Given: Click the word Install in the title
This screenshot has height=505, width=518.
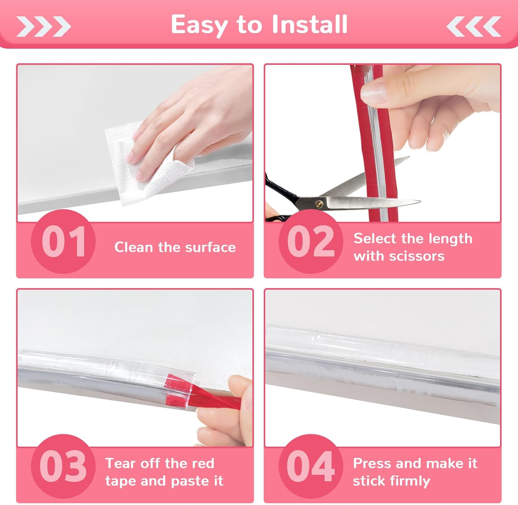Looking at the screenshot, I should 309,25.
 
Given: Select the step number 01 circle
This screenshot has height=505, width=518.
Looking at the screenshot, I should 63,242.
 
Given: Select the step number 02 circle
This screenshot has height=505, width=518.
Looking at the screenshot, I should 311,242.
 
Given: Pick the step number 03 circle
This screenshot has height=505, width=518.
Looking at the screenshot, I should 63,466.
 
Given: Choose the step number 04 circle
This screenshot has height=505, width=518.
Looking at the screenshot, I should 311,466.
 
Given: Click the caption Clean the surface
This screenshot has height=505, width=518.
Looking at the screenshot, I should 175,247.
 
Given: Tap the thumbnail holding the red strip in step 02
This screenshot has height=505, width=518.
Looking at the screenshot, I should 373,91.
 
